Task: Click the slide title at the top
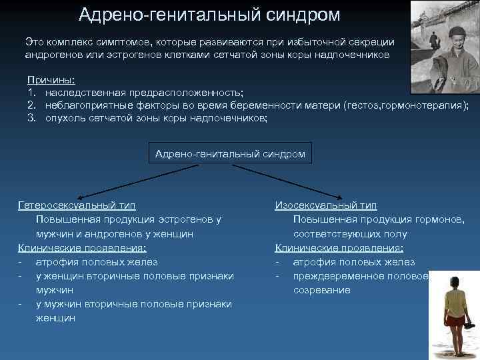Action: [x=209, y=14]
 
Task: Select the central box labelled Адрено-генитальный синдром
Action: [x=230, y=153]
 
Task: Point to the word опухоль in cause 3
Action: [x=65, y=118]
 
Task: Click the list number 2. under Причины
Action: [x=31, y=105]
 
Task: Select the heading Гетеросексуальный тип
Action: [x=81, y=206]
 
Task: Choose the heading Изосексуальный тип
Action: [x=325, y=206]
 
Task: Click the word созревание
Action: [x=321, y=290]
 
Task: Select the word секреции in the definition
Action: [x=373, y=41]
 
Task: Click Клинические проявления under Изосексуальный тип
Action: [x=339, y=248]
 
